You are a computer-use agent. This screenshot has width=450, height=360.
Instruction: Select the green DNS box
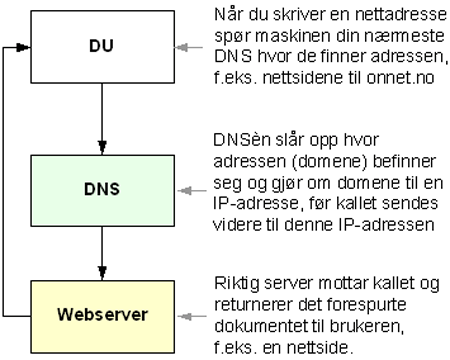102,187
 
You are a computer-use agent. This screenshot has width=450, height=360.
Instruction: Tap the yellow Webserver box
102,314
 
